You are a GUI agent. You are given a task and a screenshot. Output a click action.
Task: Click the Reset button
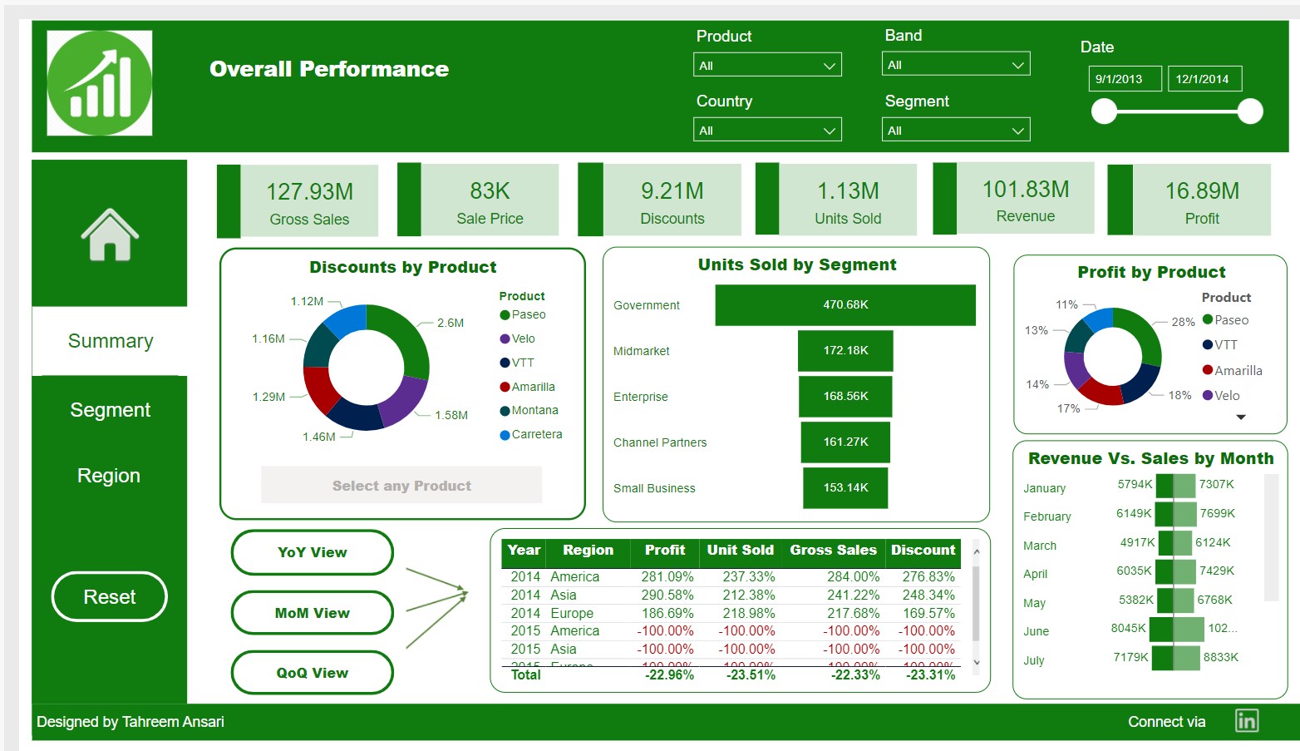(109, 596)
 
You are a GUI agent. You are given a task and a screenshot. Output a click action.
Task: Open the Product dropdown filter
(766, 65)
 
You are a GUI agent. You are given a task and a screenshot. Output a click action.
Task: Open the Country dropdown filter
(766, 130)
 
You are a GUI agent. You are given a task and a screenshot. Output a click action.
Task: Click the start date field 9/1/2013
(1124, 79)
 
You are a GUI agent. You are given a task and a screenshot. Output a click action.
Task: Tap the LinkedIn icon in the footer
(1246, 721)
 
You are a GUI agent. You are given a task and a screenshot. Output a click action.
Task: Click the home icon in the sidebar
(109, 235)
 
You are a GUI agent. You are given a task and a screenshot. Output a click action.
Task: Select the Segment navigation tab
(110, 410)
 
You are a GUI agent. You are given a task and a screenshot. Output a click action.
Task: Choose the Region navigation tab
(109, 476)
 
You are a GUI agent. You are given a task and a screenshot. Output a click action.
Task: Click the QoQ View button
(312, 673)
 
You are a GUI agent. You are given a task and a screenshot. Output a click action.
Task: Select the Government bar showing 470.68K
(845, 305)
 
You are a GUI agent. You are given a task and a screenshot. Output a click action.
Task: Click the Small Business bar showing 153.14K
(845, 488)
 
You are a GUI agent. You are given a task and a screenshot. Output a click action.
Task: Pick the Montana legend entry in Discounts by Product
(534, 411)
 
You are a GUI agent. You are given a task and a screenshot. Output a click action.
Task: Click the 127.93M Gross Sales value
(309, 192)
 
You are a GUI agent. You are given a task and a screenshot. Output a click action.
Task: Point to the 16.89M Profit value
(1201, 191)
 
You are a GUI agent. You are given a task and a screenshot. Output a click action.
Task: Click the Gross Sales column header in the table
(833, 551)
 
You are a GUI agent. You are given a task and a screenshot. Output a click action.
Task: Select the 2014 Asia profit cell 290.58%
(667, 595)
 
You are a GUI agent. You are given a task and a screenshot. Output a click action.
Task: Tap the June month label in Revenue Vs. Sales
(1036, 631)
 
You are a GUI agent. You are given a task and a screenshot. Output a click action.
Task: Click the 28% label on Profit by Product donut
(1183, 322)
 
